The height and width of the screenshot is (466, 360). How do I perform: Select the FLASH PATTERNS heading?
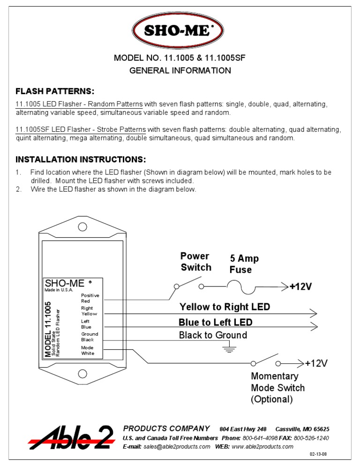click(x=55, y=91)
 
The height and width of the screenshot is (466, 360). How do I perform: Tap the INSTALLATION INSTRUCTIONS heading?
click(x=81, y=159)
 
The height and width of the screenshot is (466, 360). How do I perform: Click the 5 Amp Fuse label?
click(x=244, y=264)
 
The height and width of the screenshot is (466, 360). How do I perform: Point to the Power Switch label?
click(x=196, y=262)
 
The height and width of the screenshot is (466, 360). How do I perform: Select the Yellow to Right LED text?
click(x=225, y=307)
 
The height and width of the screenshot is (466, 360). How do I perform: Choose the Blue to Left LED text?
click(x=215, y=323)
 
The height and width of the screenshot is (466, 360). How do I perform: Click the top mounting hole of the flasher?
click(x=82, y=227)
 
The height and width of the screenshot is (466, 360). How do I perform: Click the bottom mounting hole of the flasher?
click(x=82, y=374)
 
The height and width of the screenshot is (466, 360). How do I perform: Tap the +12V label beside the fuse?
click(x=300, y=287)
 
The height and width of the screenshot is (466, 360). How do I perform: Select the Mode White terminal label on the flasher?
click(x=88, y=351)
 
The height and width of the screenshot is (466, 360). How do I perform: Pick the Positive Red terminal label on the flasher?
click(x=90, y=298)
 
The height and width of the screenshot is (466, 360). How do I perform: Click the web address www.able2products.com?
click(x=262, y=446)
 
